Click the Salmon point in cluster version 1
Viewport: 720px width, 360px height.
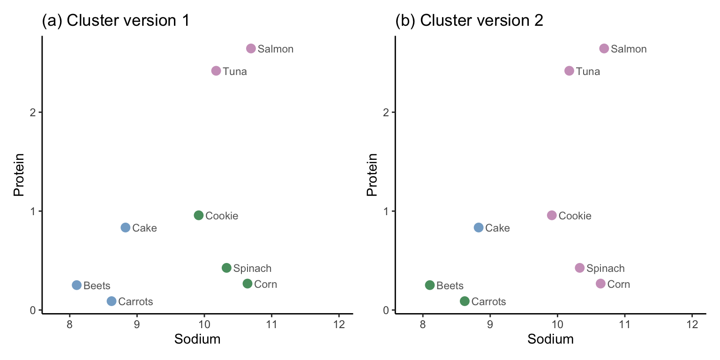click(251, 49)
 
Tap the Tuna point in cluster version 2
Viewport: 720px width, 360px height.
click(569, 71)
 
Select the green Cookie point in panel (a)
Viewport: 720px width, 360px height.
click(199, 215)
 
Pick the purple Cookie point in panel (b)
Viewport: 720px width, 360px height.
click(552, 215)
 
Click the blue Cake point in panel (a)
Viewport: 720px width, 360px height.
click(125, 227)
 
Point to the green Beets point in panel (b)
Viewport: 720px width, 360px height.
click(430, 285)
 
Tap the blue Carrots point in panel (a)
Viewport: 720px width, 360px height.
click(112, 301)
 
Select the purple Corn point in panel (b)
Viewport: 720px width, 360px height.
click(600, 284)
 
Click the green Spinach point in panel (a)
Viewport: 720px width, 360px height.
click(226, 268)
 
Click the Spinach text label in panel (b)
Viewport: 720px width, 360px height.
click(606, 269)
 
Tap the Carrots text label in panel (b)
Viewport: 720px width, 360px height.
click(488, 302)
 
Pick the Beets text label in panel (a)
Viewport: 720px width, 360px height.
click(97, 285)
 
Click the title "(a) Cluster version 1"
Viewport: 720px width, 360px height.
click(116, 21)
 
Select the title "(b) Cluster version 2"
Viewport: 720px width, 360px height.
click(469, 21)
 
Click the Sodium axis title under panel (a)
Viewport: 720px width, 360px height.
click(197, 339)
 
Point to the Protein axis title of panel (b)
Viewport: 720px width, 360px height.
click(372, 174)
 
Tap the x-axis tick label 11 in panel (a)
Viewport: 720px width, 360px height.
click(271, 324)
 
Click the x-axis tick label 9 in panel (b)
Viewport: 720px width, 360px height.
click(490, 324)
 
